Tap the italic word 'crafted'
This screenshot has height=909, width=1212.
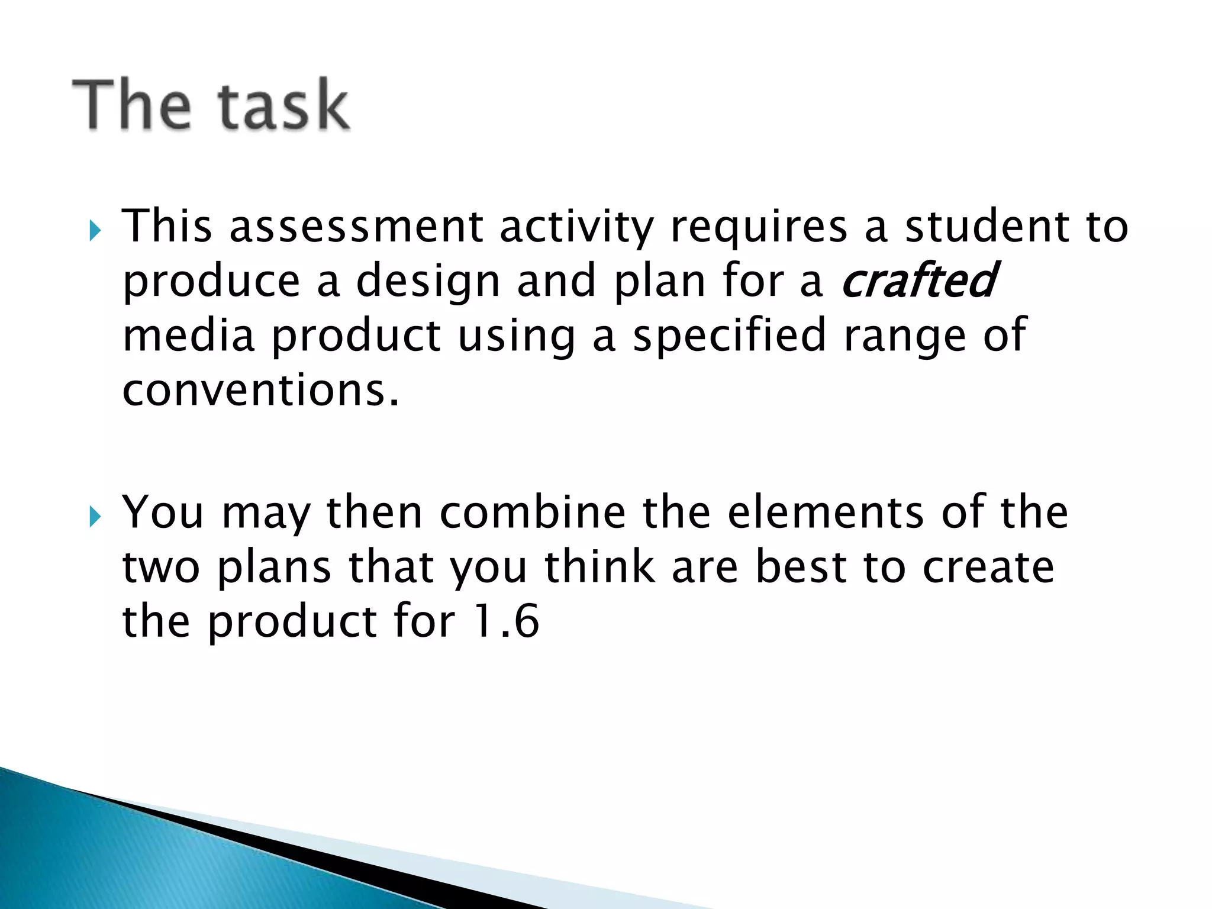pyautogui.click(x=919, y=281)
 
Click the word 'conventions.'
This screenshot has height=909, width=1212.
pyautogui.click(x=261, y=391)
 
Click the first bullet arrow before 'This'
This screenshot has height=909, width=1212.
pyautogui.click(x=95, y=231)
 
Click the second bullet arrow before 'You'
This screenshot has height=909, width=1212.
pyautogui.click(x=95, y=517)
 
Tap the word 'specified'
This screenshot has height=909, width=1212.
pyautogui.click(x=729, y=336)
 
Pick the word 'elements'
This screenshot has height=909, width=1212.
pyautogui.click(x=826, y=512)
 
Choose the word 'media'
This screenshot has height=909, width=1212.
pyautogui.click(x=188, y=336)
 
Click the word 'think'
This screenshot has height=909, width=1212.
pyautogui.click(x=599, y=567)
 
